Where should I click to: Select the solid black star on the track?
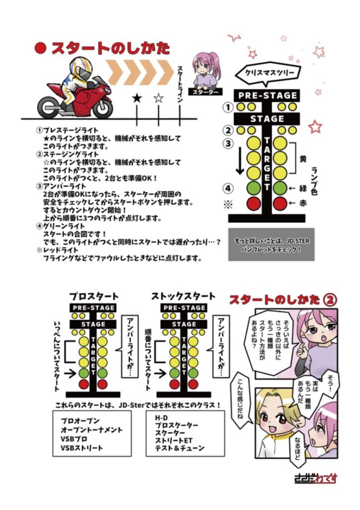[137, 98]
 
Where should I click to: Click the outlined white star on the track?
[158, 98]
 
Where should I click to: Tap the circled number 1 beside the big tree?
[228, 107]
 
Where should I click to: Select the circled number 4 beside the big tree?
[228, 188]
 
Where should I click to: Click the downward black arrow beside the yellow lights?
[240, 160]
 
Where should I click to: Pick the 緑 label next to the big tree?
[303, 188]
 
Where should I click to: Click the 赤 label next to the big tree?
[303, 203]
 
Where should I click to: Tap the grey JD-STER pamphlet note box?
[271, 245]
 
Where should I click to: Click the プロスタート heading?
[94, 296]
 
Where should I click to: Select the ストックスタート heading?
[183, 296]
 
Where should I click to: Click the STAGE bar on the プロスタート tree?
[93, 324]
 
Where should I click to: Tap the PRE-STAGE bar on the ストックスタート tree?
[184, 308]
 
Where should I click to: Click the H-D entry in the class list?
[161, 418]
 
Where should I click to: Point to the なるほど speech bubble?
[297, 447]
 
